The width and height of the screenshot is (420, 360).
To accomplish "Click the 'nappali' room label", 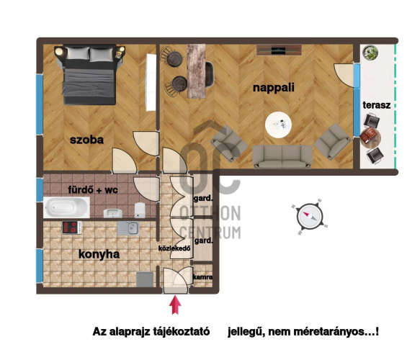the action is click(274, 88).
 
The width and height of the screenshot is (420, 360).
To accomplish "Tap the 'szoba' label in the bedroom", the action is click(86, 140).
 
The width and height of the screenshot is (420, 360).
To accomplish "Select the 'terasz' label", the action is click(376, 105).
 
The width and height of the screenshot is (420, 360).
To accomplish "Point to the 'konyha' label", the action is click(99, 254).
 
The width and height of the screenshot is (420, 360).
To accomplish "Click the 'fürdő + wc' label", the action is click(93, 190).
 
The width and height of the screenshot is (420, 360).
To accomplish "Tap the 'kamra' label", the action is click(202, 277).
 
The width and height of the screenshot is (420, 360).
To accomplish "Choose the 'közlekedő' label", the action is click(174, 248).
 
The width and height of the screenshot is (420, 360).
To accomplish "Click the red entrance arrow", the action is click(175, 305).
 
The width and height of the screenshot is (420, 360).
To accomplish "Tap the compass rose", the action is click(310, 216).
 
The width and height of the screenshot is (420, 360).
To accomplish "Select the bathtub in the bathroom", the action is click(67, 207).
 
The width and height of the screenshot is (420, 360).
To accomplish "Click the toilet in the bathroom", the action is click(140, 210).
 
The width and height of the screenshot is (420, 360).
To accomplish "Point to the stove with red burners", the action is click(72, 228).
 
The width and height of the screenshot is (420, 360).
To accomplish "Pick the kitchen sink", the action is click(128, 228).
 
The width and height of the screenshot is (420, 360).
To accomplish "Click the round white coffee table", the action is click(278, 125).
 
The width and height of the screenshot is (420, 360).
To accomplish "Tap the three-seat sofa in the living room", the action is click(282, 157).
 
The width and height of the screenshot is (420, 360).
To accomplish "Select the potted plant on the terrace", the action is click(370, 52).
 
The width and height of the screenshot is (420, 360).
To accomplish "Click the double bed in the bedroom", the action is click(89, 75).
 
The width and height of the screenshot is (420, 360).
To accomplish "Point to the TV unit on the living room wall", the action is click(279, 50).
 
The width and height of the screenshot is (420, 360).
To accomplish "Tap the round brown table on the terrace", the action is click(370, 137).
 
